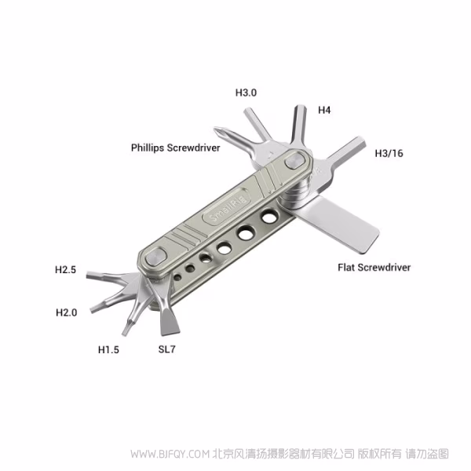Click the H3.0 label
tap(246, 93)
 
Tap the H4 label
tap(324, 110)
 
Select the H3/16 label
tap(389, 153)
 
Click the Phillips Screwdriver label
tap(175, 148)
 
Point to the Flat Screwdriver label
tap(374, 268)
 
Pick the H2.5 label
tap(65, 269)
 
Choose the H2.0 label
tap(67, 312)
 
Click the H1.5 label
tap(108, 349)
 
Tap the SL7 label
tap(166, 349)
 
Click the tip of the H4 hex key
tap(301, 107)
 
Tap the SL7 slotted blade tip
tap(170, 333)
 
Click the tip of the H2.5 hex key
tap(87, 275)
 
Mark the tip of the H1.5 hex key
tap(124, 334)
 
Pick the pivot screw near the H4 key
tap(294, 161)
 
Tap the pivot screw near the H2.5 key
tap(156, 257)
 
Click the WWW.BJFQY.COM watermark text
tap(170, 454)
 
